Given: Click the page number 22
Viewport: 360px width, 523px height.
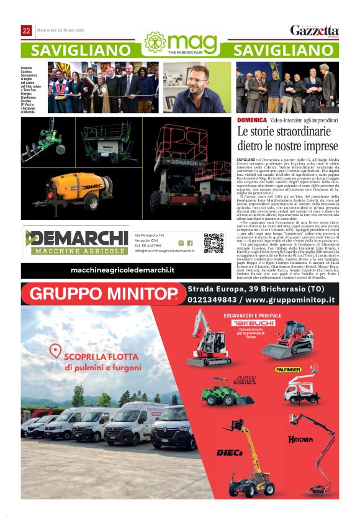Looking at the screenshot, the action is pyautogui.click(x=27, y=31).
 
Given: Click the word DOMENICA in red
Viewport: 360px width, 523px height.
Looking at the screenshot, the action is pyautogui.click(x=251, y=120).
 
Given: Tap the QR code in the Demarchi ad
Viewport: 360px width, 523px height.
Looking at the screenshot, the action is pyautogui.click(x=214, y=243).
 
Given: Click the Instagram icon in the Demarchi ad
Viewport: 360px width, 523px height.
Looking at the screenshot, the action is pyautogui.click(x=181, y=243).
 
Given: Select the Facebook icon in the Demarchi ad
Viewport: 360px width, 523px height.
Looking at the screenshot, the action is pyautogui.click(x=190, y=243).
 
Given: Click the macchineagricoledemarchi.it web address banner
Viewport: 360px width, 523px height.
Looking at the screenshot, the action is pyautogui.click(x=122, y=270).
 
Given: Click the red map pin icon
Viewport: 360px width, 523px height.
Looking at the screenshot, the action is pyautogui.click(x=55, y=351).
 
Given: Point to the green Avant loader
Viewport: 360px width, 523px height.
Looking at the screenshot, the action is pyautogui.click(x=218, y=391).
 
